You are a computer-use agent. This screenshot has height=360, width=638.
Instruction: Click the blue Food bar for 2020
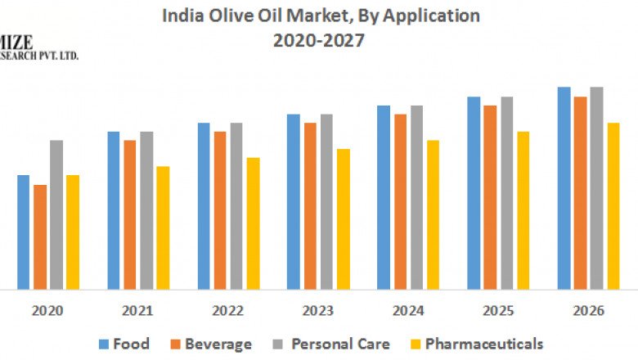coord(24,232)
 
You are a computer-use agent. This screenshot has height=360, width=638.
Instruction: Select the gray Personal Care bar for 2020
coord(56,214)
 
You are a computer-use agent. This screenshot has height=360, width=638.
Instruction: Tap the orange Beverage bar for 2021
coord(130,214)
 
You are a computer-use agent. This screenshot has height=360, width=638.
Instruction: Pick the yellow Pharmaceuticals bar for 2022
coord(253,223)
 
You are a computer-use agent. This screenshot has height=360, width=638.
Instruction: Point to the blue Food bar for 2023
coord(294,201)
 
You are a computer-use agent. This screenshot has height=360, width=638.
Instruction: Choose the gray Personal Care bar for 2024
coord(416,197)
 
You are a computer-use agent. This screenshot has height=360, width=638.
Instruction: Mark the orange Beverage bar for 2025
coord(490,197)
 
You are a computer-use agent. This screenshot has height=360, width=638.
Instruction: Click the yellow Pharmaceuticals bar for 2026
coord(613,206)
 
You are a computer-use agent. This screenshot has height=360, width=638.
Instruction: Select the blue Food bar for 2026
coord(564,188)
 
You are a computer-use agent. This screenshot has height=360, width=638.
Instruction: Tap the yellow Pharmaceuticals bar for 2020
coord(73,232)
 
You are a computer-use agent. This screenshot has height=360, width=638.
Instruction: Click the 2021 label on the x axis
coord(138,311)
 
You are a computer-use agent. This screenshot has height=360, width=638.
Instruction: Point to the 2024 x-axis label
coord(408,311)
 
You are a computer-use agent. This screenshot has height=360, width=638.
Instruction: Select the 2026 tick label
coord(588,311)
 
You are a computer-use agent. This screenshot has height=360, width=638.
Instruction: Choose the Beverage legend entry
coord(209,344)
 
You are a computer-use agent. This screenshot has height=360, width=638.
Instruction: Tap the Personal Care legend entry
coord(331,344)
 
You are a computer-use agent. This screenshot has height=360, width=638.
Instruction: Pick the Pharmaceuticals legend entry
coord(475,344)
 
